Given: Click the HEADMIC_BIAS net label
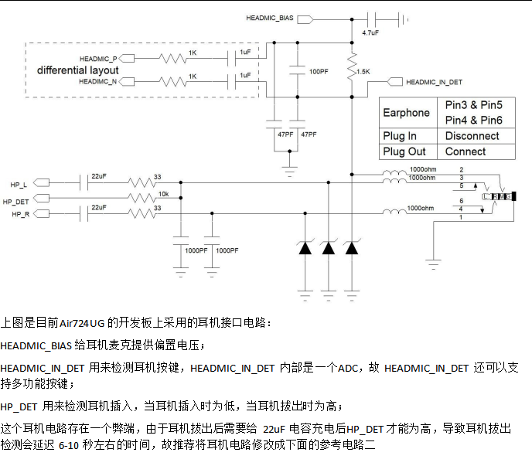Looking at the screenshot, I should point(268,17).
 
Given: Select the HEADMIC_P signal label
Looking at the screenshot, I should point(97,59).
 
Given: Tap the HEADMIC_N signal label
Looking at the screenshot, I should point(97,81).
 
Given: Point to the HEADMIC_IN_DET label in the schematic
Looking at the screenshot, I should point(434,81).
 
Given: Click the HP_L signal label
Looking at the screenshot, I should point(19,185).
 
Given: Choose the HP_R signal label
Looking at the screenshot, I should point(19,213).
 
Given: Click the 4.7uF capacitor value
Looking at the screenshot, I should point(370,32).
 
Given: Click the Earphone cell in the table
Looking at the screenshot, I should point(406,113).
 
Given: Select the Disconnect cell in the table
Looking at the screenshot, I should point(472,136).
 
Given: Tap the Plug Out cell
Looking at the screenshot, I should point(404,151).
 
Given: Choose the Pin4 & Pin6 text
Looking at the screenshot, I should point(473,120).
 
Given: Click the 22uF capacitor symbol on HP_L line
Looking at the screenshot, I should point(83,184).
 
